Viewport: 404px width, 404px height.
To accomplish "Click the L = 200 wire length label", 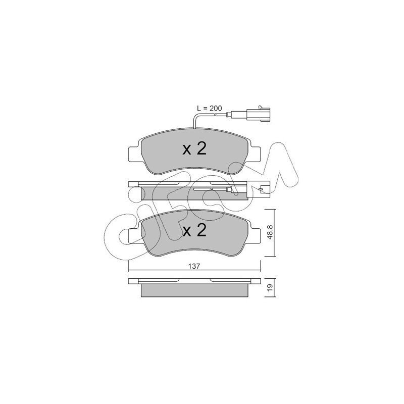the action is coord(210,108).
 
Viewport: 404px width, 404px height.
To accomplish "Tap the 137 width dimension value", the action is coord(194,266).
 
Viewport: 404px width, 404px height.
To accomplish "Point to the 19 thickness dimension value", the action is coord(270,288).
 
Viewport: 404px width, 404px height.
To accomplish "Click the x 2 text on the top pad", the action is coord(194,149).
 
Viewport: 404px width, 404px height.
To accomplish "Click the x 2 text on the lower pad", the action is coord(194,231).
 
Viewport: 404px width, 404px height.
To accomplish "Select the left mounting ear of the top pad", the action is coord(133,154).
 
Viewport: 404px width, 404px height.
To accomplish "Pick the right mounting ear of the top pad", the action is coord(255,154).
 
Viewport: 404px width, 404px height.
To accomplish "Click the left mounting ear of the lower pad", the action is coord(133,235).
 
